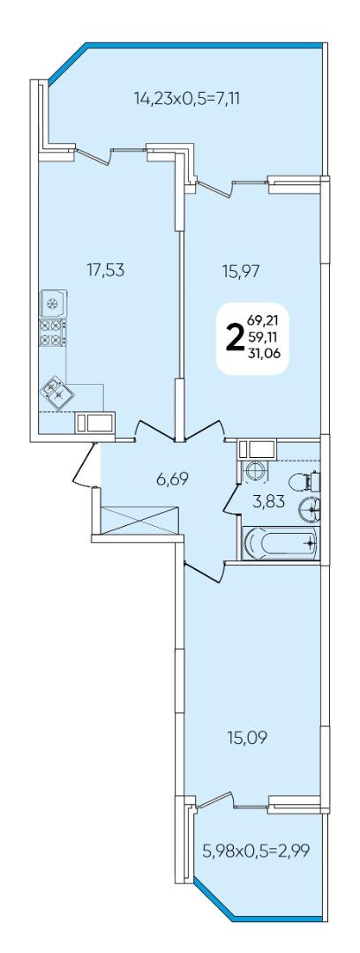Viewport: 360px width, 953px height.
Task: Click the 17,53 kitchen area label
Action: (x=106, y=270)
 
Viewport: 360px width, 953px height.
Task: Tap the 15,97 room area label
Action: (x=240, y=271)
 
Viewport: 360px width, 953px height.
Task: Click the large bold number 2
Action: (x=234, y=338)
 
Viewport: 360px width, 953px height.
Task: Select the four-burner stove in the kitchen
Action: (x=52, y=332)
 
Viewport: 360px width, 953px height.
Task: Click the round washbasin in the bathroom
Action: (x=310, y=508)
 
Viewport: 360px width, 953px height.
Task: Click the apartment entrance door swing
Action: (x=84, y=466)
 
